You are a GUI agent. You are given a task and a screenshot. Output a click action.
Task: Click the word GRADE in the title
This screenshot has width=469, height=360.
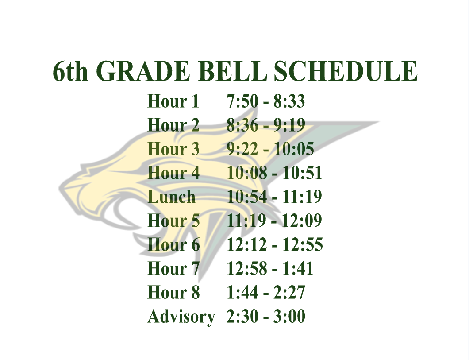coord(143,71)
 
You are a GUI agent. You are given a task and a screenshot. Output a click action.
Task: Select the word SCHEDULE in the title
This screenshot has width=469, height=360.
coord(346,71)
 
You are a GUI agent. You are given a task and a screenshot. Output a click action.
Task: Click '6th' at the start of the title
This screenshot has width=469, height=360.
coord(71,71)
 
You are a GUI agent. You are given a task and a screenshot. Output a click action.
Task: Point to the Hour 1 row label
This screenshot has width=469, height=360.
coord(173,101)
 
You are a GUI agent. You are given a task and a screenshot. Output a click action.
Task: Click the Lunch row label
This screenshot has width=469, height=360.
coord(171,197)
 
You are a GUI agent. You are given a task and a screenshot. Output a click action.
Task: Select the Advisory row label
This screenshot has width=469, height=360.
coord(181,317)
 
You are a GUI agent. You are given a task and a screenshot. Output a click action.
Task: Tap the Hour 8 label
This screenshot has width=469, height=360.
coord(173,292)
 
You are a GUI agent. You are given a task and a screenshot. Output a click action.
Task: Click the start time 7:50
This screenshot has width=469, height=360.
coord(242,101)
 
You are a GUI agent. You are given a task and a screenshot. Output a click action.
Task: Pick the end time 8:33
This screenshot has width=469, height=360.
coord(289,101)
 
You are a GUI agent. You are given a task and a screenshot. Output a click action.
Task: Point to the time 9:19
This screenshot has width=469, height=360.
coord(289,125)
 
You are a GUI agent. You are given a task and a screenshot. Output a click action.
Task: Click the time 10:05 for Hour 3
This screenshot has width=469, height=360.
coord(294,149)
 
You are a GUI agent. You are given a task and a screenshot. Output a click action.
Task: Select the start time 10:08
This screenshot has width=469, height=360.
coord(247,173)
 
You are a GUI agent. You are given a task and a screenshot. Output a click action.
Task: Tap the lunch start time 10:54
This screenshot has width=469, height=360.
coord(247,197)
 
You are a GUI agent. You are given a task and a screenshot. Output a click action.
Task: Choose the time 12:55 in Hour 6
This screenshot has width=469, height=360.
coord(303,244)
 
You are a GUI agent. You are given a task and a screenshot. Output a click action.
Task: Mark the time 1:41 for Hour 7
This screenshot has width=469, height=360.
coord(298,268)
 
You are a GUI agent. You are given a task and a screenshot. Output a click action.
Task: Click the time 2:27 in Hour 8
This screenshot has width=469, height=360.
coord(289,292)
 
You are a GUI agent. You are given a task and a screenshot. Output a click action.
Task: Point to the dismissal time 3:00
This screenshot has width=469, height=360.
coord(289,316)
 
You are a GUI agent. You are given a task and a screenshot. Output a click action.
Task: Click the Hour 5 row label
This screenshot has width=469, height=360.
coord(173,221)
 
